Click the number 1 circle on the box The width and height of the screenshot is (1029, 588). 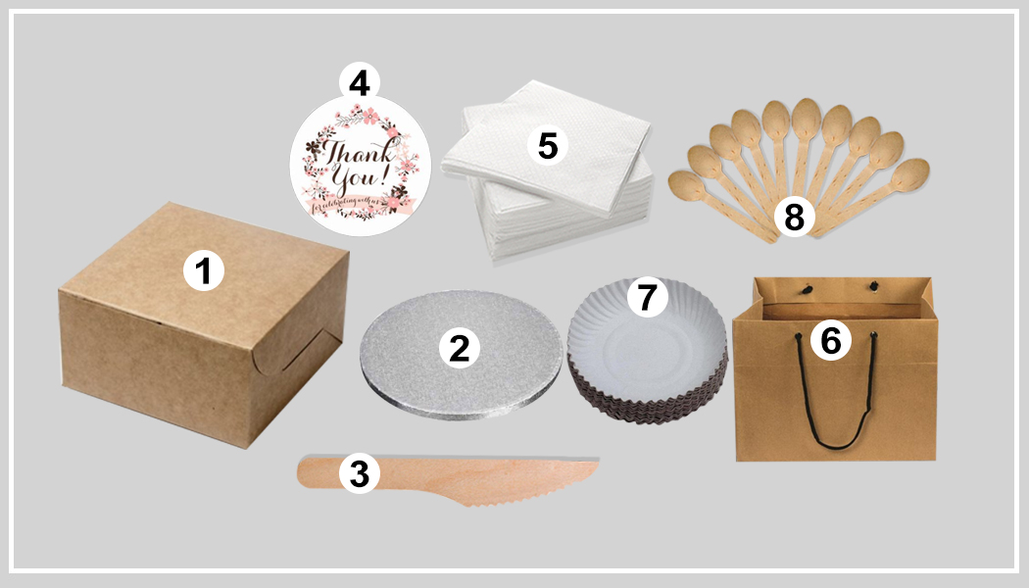pos(204,270)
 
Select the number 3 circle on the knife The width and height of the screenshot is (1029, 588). pos(359,474)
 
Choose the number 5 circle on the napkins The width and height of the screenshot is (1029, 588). pos(547,146)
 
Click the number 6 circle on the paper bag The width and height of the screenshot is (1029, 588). pos(830,340)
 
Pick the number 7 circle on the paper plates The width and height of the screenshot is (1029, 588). pos(646,297)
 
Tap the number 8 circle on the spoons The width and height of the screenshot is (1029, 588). pos(793,219)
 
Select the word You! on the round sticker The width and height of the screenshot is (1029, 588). pos(371,183)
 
